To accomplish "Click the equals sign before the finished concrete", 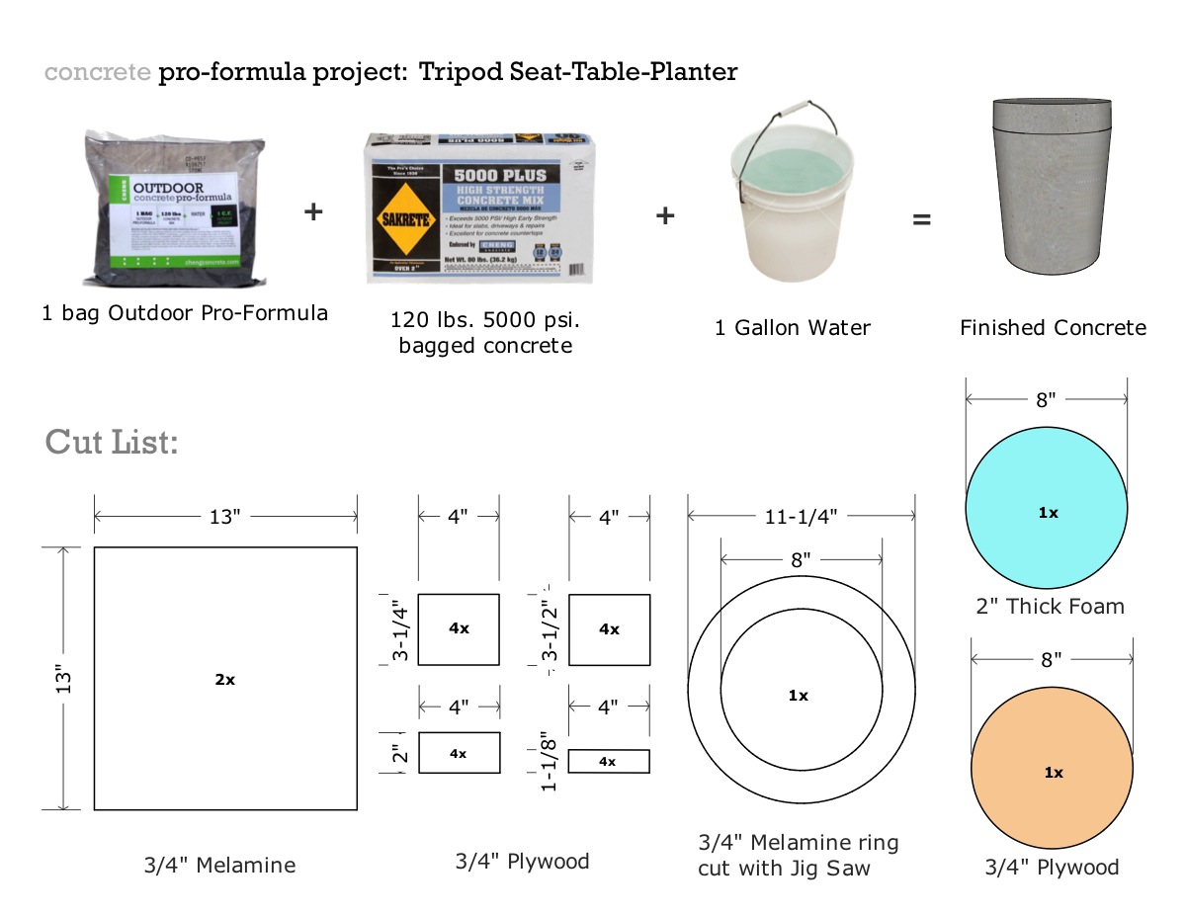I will (921, 218).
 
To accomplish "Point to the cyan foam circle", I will (1047, 510).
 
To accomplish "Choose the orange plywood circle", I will (1052, 771).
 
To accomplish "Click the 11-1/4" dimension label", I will (801, 515).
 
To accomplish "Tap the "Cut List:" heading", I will (112, 442).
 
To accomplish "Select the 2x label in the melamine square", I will (225, 679).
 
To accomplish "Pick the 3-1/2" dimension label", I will (551, 629).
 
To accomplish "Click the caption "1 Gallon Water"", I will (793, 328).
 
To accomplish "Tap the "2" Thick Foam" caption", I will (1050, 607).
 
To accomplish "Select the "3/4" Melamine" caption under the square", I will (219, 866).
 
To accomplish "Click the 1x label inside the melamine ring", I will (799, 696).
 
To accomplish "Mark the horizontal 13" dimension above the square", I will (224, 516).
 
